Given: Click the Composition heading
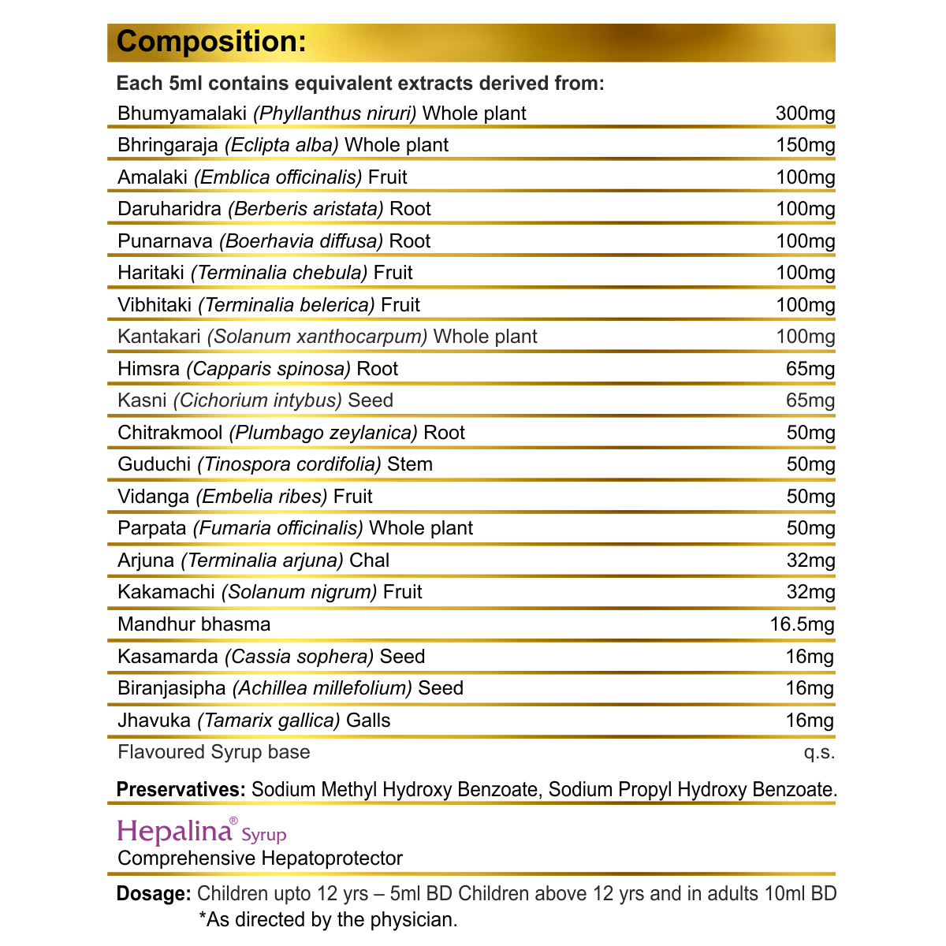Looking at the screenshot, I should pos(211,42).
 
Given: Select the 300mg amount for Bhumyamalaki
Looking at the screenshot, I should pos(805,114).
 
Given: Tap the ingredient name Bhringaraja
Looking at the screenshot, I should pos(167,145).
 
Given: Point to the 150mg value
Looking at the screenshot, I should pos(805,145).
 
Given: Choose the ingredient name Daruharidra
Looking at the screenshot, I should pos(169,209).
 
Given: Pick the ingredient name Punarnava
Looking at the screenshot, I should pos(165,241).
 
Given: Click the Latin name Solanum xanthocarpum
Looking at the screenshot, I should pos(317,337).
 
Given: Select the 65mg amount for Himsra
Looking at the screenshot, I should pos(810,369).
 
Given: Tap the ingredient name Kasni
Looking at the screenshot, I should pos(142,400).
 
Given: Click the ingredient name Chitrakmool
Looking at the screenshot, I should pos(169,433).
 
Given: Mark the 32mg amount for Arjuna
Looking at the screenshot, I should pos(810,561).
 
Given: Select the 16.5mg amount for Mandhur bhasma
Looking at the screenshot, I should pos(802,624).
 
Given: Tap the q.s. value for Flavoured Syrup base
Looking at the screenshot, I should pos(819,752).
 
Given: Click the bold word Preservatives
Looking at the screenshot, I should pos(181,789).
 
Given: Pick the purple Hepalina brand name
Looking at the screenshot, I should pos(176,831).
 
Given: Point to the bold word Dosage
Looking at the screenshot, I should pos(153,894).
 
